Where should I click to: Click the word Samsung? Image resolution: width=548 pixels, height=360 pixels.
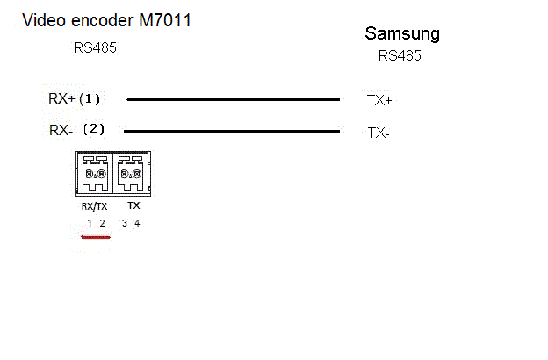[402, 34]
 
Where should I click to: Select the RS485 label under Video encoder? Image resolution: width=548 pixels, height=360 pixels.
[95, 47]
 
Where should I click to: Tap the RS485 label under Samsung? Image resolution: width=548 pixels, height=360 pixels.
[400, 55]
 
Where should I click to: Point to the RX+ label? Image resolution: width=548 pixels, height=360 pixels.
[61, 99]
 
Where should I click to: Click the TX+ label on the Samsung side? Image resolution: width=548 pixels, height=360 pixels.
[379, 100]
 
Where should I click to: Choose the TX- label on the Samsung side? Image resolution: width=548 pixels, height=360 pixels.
[379, 133]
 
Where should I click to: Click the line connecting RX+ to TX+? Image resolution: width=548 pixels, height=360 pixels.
[233, 100]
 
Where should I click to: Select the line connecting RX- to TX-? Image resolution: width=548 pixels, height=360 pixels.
[233, 132]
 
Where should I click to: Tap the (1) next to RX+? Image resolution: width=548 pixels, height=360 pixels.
[90, 98]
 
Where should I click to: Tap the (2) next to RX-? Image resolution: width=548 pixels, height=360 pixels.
[93, 129]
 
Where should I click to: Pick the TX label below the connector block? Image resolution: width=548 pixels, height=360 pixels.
[133, 205]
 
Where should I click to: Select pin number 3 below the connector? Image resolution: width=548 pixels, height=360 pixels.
[125, 223]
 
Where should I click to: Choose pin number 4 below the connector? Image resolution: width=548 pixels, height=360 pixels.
[137, 223]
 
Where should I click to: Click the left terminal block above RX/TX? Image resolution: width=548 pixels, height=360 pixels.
[96, 173]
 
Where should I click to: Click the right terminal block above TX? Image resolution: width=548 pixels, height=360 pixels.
[130, 173]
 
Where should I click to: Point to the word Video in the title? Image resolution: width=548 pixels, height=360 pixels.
[42, 19]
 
